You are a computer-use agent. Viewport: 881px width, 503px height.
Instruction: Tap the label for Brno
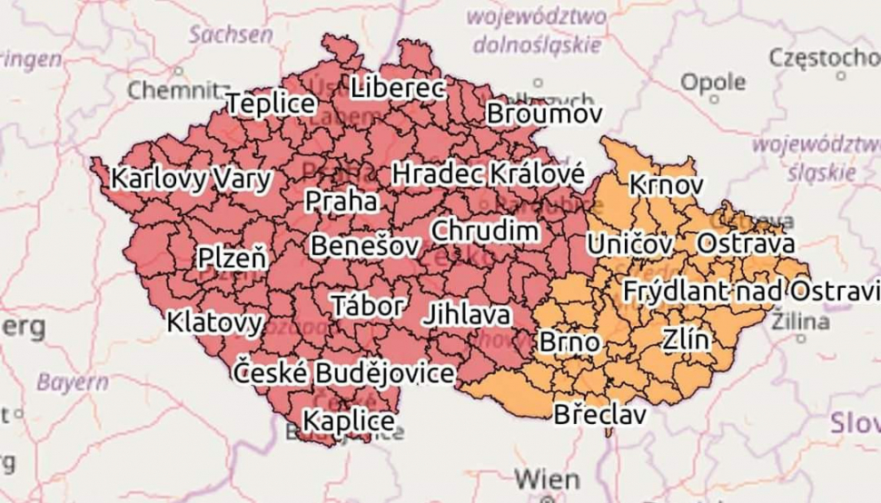click(x=569, y=342)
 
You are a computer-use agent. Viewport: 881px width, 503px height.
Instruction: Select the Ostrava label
click(x=745, y=243)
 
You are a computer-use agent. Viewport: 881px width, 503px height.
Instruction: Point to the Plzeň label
click(x=233, y=259)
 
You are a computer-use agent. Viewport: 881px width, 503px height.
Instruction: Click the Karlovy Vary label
click(x=191, y=178)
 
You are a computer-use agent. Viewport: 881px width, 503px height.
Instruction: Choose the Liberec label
click(x=398, y=89)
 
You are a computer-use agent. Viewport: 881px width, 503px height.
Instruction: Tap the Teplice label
click(x=271, y=104)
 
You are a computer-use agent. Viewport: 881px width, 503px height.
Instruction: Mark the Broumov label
click(x=544, y=114)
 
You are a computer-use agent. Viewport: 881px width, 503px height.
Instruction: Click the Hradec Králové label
click(x=489, y=173)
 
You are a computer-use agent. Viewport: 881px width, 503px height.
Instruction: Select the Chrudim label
click(x=484, y=231)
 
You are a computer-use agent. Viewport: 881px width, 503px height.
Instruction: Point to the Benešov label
click(x=364, y=246)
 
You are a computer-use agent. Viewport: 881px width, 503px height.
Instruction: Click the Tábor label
click(x=367, y=305)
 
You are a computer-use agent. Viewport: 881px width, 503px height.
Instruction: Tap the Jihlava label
click(x=466, y=315)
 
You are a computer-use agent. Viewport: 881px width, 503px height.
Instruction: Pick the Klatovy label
click(x=215, y=321)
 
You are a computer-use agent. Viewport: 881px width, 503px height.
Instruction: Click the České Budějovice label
click(x=344, y=372)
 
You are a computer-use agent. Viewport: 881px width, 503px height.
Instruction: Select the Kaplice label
click(x=348, y=421)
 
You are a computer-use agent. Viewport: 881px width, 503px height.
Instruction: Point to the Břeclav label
click(x=599, y=415)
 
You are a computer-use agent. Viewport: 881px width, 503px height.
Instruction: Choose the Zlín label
click(x=685, y=340)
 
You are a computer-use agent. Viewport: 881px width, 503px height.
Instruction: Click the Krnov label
click(x=666, y=184)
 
